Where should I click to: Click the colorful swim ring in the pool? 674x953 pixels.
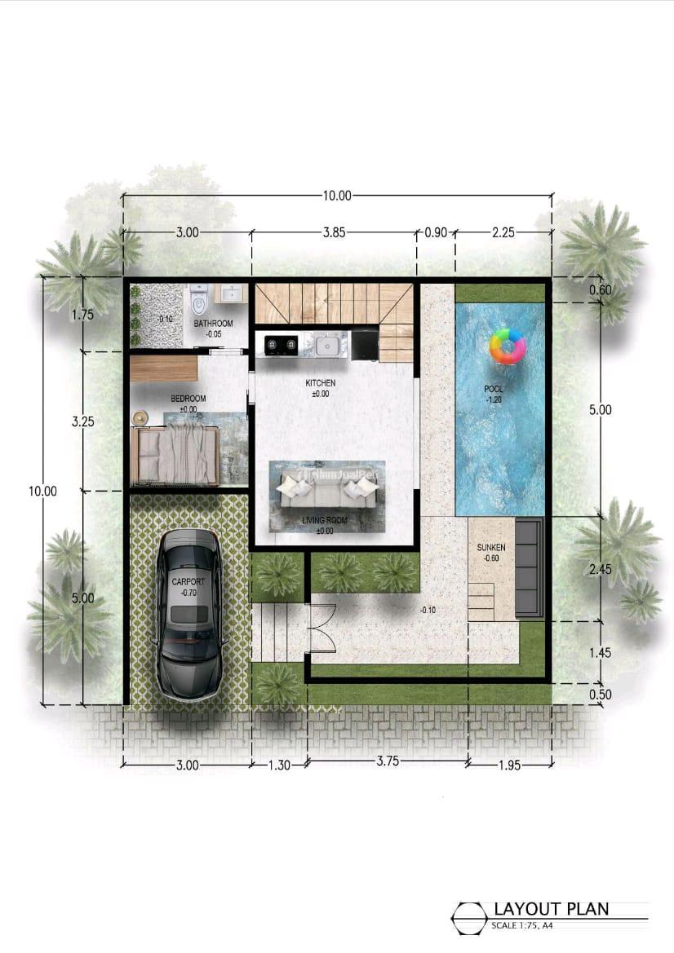pyautogui.click(x=508, y=346)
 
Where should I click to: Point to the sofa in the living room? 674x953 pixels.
pyautogui.click(x=327, y=492)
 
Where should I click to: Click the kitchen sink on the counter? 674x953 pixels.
pyautogui.click(x=326, y=346)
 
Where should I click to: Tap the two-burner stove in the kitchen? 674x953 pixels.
pyautogui.click(x=277, y=346)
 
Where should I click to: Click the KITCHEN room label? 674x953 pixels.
pyautogui.click(x=320, y=382)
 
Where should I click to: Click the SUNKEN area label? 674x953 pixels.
pyautogui.click(x=491, y=548)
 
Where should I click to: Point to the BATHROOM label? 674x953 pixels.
pyautogui.click(x=213, y=324)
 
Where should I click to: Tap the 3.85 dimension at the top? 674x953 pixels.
pyautogui.click(x=334, y=232)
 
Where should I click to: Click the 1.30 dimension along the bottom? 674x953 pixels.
pyautogui.click(x=279, y=765)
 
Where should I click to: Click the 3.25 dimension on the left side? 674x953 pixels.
pyautogui.click(x=82, y=422)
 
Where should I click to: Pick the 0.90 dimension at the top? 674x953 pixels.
pyautogui.click(x=436, y=232)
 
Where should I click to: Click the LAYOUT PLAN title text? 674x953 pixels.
pyautogui.click(x=551, y=909)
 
